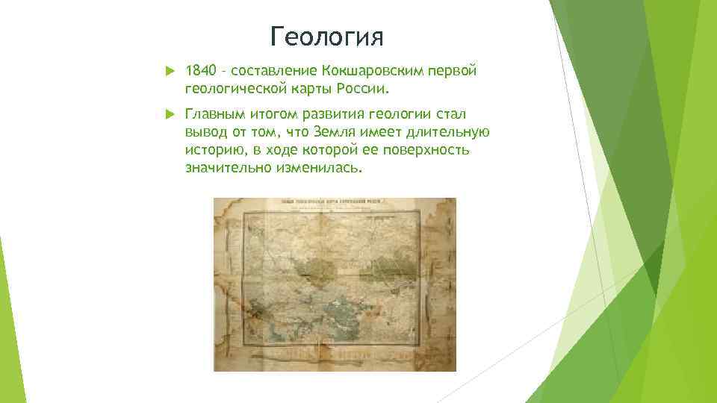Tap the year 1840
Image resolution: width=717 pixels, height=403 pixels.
199,71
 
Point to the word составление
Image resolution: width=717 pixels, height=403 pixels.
274,71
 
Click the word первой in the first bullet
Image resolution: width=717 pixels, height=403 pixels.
454,71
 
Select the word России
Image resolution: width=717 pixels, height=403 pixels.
361,90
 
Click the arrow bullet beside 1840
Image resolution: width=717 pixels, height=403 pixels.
168,71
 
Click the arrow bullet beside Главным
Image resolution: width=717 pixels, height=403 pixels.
168,114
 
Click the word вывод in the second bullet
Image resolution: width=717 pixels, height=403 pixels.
204,133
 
